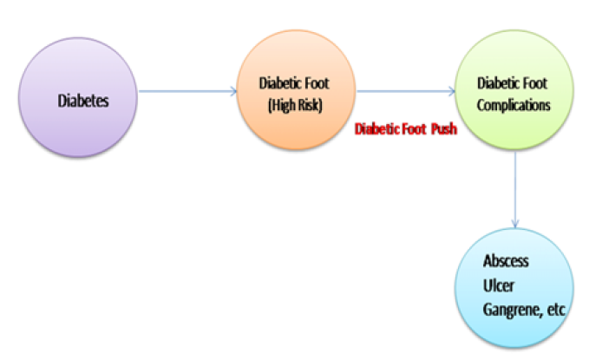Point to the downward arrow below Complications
(516, 187)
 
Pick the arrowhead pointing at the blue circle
(516, 224)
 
